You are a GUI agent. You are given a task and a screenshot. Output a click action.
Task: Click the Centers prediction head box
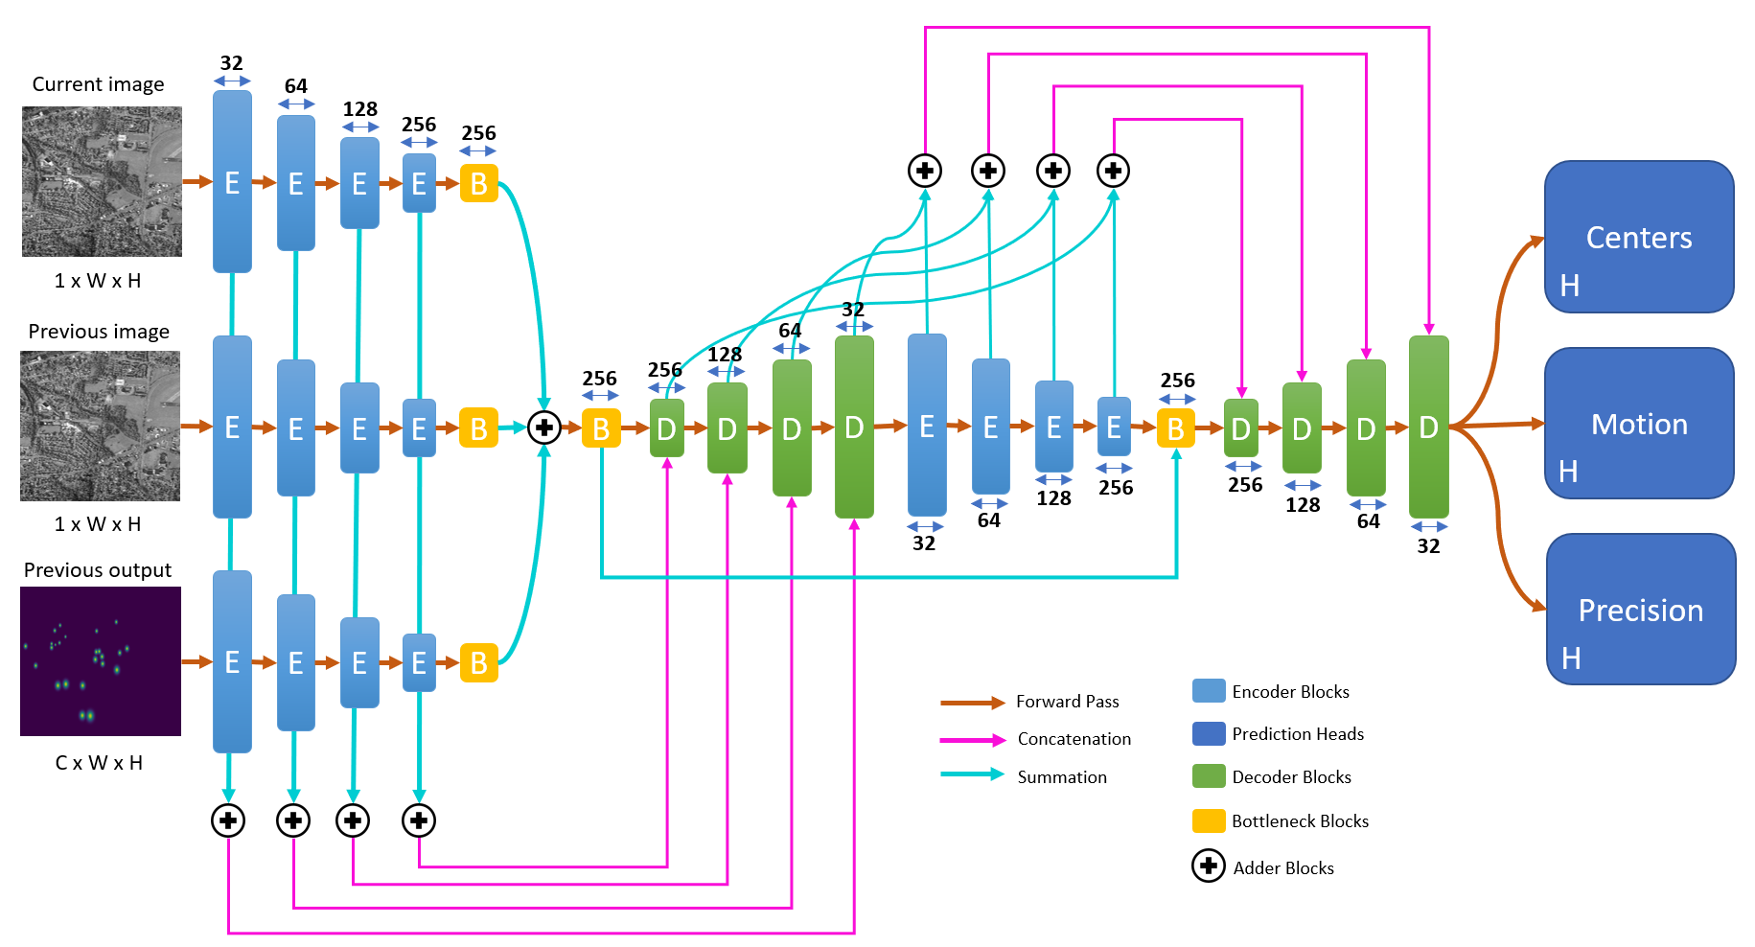[x=1638, y=237]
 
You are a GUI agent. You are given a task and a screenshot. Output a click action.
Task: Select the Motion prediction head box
[x=1638, y=423]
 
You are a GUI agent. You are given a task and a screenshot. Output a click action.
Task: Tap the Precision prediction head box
[x=1640, y=609]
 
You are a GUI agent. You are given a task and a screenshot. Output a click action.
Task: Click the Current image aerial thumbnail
[x=102, y=181]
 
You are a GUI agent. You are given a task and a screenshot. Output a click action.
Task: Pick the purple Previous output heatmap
[x=101, y=661]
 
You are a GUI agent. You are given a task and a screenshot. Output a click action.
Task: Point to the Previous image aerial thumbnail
[x=101, y=426]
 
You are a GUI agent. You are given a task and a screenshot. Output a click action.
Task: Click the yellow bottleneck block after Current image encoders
[x=478, y=183]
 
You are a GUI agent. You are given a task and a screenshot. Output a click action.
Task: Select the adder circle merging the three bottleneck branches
[x=544, y=427]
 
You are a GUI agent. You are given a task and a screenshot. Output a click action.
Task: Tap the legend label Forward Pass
[x=1067, y=702]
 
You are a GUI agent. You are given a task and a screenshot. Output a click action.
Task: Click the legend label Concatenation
[x=1074, y=739]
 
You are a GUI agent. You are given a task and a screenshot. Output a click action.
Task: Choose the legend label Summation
[x=1061, y=777]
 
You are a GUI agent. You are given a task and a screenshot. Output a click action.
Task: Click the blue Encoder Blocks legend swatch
[x=1209, y=691]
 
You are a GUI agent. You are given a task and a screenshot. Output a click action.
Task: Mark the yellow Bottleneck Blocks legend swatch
[x=1209, y=821]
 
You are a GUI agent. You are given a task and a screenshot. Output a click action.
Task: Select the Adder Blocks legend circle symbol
[x=1209, y=866]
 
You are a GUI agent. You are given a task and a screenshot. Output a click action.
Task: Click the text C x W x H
[x=99, y=763]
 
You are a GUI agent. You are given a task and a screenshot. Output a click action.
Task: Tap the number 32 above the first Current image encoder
[x=231, y=63]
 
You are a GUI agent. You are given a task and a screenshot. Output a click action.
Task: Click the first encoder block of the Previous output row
[x=232, y=661]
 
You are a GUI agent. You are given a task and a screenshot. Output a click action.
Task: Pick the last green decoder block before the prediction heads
[x=1428, y=427]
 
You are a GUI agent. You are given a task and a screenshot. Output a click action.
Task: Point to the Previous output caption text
[x=98, y=570]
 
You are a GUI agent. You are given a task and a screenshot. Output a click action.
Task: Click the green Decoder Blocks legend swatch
[x=1209, y=776]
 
